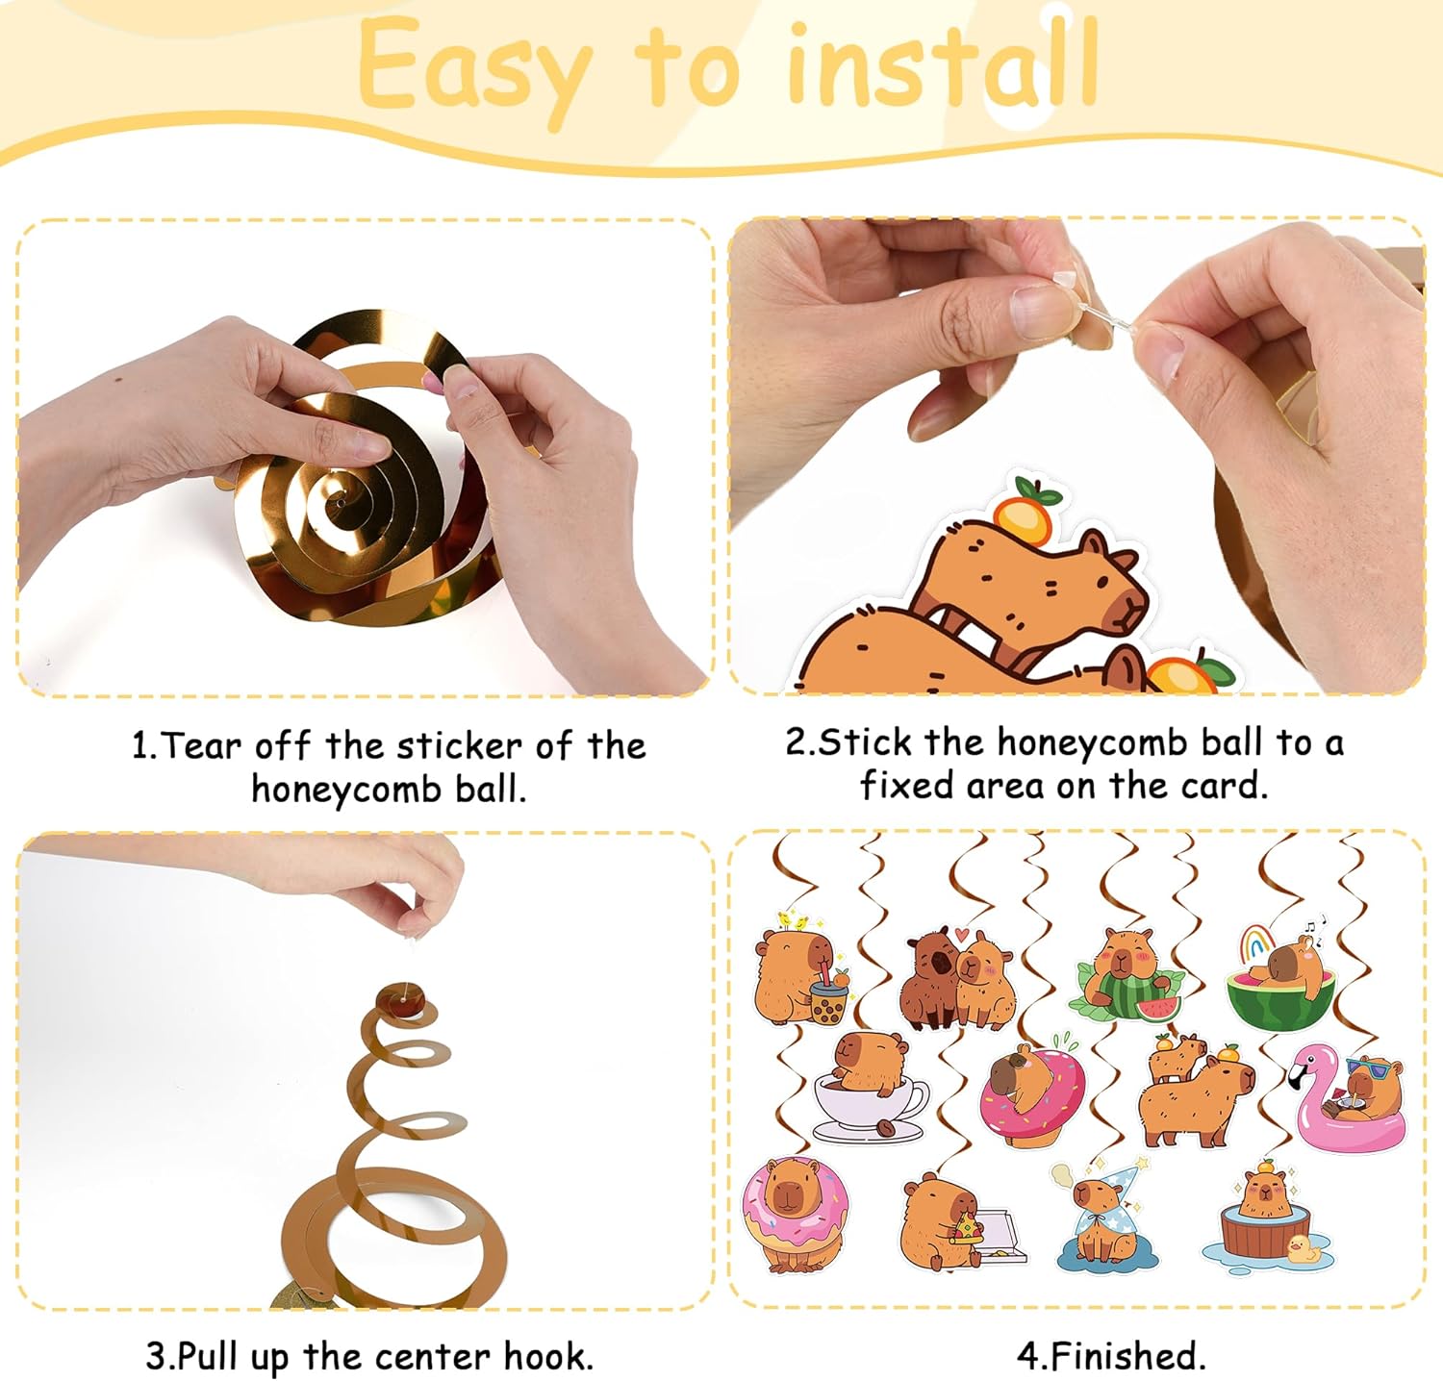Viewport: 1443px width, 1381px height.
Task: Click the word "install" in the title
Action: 943,65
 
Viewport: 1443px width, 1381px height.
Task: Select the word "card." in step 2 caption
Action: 1225,786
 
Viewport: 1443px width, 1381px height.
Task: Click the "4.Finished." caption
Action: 1111,1356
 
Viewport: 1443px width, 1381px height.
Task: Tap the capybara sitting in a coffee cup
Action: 866,1087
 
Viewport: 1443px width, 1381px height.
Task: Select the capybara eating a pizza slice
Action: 948,1221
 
